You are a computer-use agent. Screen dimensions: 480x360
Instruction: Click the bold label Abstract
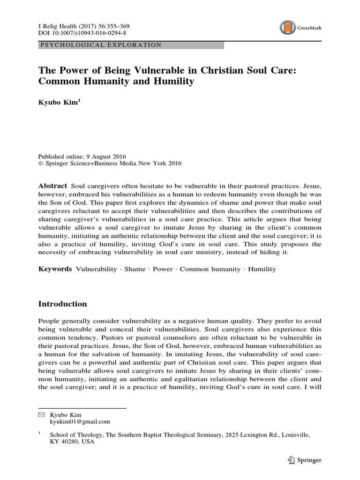(x=52, y=186)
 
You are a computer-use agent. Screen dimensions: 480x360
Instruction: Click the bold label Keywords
(x=54, y=269)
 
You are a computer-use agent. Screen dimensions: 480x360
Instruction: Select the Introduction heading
(x=62, y=304)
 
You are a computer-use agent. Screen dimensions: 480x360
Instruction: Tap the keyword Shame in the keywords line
(x=135, y=269)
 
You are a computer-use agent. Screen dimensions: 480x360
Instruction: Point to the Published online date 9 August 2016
(x=106, y=156)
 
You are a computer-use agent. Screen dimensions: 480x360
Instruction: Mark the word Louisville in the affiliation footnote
(x=292, y=435)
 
